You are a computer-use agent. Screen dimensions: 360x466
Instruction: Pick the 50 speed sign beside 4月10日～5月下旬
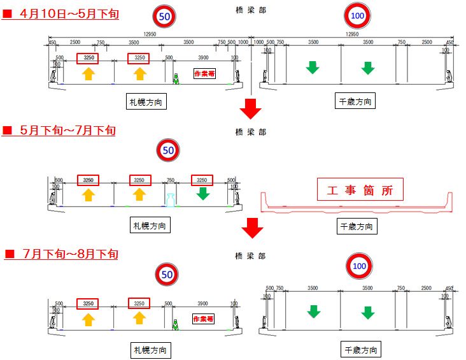pos(164,17)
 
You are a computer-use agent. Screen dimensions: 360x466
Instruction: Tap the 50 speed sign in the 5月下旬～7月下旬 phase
pos(168,151)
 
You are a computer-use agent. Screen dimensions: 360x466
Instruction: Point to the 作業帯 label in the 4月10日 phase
pos(204,75)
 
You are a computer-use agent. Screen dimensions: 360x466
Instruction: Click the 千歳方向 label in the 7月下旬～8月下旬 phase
pos(361,350)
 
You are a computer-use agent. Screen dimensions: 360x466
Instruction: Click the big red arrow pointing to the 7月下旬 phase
pos(253,227)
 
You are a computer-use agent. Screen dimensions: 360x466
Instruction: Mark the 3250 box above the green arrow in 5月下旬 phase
pos(202,180)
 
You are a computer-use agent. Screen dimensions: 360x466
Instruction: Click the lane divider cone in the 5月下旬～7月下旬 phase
pos(169,199)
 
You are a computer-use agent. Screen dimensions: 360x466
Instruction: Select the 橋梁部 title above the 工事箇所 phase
pos(250,132)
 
